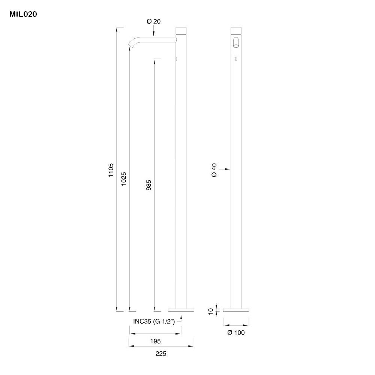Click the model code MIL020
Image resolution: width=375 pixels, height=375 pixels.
(23, 14)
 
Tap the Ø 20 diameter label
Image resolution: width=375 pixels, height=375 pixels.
(153, 21)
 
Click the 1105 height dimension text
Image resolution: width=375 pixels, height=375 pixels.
(111, 170)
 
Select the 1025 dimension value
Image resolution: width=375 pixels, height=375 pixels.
(124, 179)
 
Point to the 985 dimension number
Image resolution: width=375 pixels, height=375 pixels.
(148, 186)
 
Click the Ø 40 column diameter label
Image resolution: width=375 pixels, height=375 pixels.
(214, 170)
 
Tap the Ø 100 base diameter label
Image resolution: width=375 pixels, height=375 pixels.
(236, 333)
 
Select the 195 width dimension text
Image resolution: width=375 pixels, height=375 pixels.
(155, 341)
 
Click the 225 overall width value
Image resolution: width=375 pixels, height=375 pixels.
(161, 354)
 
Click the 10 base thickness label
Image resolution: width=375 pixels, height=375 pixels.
(210, 310)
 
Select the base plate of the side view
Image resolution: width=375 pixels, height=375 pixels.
(181, 310)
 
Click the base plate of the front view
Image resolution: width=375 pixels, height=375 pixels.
(236, 310)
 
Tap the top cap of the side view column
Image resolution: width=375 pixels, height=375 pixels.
(181, 30)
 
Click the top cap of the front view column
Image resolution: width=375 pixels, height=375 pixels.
(236, 30)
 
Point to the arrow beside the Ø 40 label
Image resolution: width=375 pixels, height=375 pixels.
(225, 169)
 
